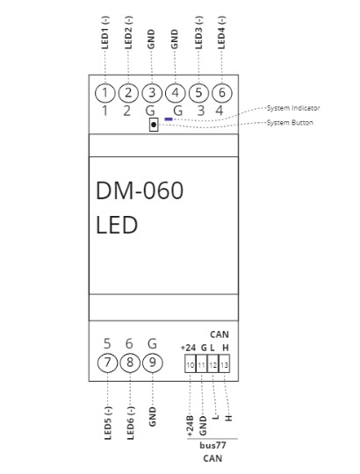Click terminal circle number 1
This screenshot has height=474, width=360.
pos(105,92)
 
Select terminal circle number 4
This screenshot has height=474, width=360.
pos(175,92)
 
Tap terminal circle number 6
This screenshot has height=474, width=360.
pos(220,92)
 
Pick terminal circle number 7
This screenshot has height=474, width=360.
pos(105,362)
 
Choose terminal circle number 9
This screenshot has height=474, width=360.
pos(152,362)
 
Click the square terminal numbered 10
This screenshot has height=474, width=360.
pos(190,363)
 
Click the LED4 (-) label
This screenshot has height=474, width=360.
pos(220,32)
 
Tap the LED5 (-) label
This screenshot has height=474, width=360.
pos(106,423)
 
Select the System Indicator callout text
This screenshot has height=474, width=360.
pos(293,108)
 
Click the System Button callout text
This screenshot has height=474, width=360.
pos(290,123)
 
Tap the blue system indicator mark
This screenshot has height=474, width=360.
pos(168,118)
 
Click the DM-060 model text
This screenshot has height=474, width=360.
pos(140,190)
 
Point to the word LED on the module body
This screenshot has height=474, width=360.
pos(117,225)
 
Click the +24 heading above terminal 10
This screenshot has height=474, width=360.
pos(188,348)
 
